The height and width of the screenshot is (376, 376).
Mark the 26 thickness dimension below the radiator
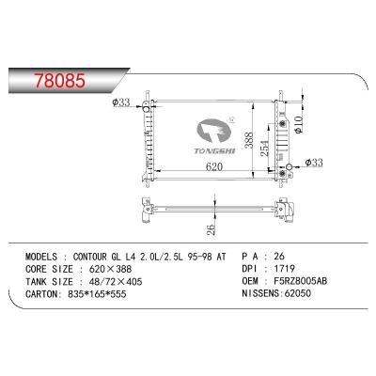[212, 227]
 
